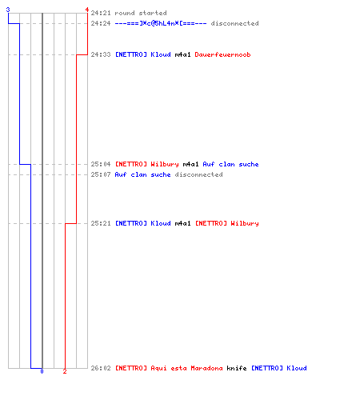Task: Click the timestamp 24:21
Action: (101, 13)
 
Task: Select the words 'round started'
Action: (141, 13)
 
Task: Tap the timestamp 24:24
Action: (101, 23)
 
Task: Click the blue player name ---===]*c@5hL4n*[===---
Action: (161, 23)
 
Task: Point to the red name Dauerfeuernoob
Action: (222, 54)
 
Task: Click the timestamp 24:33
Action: (101, 54)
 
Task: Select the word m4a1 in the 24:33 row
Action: (182, 54)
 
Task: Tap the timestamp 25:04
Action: (101, 164)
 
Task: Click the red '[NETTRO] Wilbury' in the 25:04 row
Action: (146, 164)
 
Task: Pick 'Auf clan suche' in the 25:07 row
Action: (142, 174)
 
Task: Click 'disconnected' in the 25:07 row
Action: (198, 174)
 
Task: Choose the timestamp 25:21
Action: (101, 223)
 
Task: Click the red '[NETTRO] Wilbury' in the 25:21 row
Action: (227, 223)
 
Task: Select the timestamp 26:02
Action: (101, 368)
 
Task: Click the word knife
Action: (237, 368)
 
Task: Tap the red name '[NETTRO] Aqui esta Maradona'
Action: (169, 368)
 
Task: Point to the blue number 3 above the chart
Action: (8, 10)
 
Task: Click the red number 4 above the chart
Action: (86, 10)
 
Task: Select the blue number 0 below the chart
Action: (42, 371)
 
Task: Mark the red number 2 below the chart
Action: (65, 371)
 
